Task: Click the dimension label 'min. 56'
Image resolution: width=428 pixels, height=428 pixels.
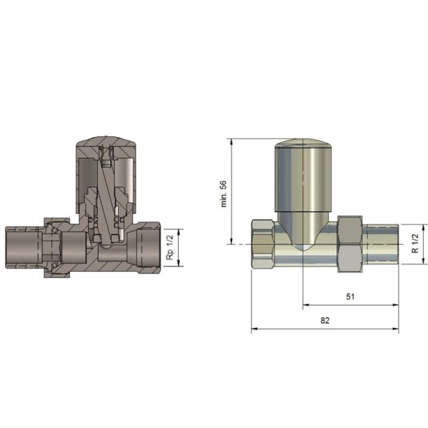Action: (224, 194)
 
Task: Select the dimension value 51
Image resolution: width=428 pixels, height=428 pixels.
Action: (350, 297)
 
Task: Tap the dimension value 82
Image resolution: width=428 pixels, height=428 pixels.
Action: (325, 320)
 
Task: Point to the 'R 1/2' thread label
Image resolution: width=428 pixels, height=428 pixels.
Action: (415, 243)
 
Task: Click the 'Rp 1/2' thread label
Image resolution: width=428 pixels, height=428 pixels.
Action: (170, 247)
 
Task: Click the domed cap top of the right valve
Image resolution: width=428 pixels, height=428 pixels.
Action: (303, 143)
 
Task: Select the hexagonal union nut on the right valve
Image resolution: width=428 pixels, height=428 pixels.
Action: (350, 244)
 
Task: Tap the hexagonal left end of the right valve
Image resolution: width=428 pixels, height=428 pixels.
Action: (263, 244)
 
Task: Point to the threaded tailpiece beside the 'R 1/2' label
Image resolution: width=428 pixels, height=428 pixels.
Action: (381, 244)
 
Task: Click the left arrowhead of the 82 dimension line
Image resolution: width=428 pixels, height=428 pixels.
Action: (254, 329)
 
